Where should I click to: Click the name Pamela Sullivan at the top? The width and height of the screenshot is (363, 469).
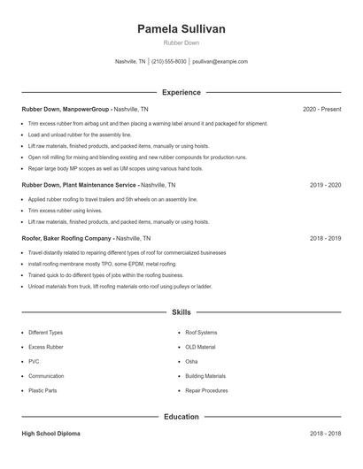(x=181, y=29)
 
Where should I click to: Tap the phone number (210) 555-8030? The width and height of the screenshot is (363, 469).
(x=169, y=62)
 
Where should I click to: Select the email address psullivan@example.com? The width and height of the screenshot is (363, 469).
(x=220, y=62)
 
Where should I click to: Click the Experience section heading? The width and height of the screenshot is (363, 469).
(x=181, y=92)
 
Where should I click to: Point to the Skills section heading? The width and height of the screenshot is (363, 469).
(x=181, y=312)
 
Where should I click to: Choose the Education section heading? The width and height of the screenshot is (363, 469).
(x=181, y=416)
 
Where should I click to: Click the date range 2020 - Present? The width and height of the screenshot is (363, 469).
(x=321, y=109)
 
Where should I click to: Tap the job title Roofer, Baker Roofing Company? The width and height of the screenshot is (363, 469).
(x=66, y=238)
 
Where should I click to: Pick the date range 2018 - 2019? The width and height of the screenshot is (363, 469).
(x=325, y=238)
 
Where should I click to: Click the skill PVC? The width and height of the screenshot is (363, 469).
(x=34, y=361)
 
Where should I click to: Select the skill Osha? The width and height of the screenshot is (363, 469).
(x=191, y=361)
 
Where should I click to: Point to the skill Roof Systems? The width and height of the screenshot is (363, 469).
(x=201, y=333)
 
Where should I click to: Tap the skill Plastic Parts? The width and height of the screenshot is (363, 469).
(x=42, y=389)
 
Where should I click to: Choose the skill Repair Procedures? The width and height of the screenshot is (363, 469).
(x=205, y=389)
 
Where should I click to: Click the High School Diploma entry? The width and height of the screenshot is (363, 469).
(x=52, y=434)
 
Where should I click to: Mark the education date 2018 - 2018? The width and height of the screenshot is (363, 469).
(x=325, y=434)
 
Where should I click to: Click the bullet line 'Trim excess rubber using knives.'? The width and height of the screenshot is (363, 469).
(x=66, y=211)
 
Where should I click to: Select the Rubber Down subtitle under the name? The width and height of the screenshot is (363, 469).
(x=181, y=43)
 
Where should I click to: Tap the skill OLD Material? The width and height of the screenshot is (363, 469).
(x=200, y=347)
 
